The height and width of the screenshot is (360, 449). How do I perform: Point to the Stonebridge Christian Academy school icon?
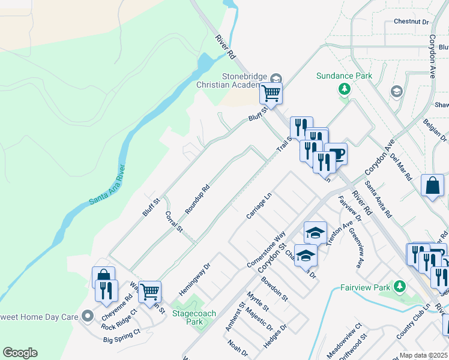coord(276,78)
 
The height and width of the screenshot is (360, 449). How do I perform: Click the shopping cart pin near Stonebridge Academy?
coord(271,93)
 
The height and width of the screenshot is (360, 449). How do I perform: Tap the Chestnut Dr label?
coord(412,22)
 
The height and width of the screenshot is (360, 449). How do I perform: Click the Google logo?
coord(20,353)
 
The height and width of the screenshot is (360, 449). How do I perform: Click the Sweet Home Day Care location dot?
coord(88,315)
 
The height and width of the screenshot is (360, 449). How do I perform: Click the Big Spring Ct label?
coord(122,340)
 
